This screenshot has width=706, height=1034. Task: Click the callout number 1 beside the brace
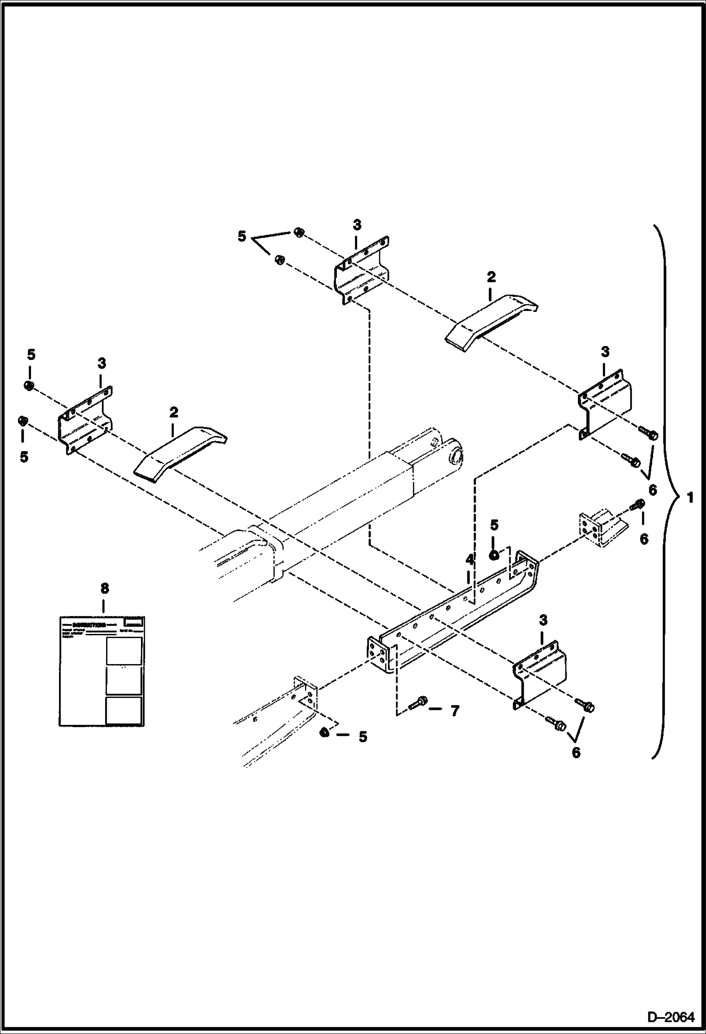coord(690,497)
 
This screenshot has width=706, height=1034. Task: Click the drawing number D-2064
coord(671,1017)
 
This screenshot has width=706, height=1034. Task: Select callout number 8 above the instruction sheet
coord(104,588)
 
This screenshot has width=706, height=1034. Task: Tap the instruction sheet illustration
coord(102,672)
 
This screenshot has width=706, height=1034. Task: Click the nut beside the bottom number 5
coord(324,733)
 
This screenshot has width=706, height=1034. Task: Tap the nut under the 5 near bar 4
coord(493,555)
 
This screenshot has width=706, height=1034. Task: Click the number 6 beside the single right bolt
coord(644,538)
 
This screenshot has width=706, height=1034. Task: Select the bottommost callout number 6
coord(576,753)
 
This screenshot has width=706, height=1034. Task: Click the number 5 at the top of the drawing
coord(242,236)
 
